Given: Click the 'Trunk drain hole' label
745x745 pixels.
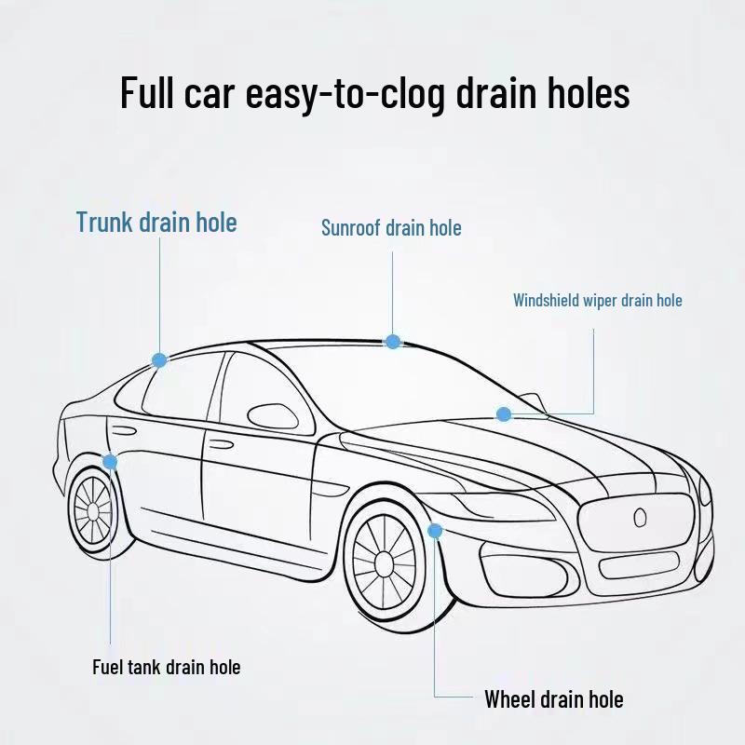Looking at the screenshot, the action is tap(156, 223).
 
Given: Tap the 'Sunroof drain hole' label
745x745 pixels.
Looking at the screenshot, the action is tap(391, 227).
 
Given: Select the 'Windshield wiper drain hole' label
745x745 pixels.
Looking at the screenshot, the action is tap(597, 300).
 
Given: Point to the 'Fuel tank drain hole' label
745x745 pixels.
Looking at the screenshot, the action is tap(167, 667).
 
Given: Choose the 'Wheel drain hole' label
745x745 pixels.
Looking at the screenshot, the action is tap(554, 699).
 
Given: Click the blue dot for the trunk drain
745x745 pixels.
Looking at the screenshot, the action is tap(159, 360).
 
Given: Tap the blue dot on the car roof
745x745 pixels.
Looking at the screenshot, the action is tap(392, 342).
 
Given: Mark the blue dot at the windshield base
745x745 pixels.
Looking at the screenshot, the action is tap(504, 414).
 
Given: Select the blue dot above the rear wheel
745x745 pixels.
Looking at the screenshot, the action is tap(110, 461).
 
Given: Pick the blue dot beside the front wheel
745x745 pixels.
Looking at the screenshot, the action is tap(435, 531).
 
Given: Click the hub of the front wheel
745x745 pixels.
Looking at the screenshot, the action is tap(384, 563).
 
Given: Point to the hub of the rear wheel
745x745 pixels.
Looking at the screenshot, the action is tap(92, 511).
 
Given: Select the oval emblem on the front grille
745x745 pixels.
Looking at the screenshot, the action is tap(640, 518).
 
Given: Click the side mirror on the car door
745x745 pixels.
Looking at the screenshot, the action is tap(273, 417).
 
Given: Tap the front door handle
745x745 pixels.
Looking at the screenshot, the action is tap(222, 445).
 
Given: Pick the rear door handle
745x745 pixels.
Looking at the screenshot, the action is tap(124, 431).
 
